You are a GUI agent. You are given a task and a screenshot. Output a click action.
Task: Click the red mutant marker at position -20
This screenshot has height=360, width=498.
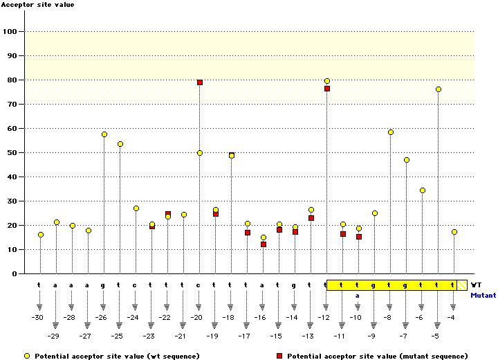click(200, 82)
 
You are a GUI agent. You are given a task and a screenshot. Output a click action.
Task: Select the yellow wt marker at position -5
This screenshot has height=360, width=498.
click(438, 89)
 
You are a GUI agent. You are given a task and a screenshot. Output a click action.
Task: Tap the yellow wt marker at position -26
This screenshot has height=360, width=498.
click(104, 134)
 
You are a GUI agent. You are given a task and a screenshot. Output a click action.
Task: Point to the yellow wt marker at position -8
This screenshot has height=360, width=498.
click(391, 132)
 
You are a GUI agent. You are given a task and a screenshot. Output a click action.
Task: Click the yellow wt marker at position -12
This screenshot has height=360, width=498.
click(327, 81)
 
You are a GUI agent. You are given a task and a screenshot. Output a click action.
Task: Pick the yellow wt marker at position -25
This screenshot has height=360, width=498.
click(120, 144)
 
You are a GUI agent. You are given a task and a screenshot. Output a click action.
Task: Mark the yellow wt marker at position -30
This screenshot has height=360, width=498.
click(41, 235)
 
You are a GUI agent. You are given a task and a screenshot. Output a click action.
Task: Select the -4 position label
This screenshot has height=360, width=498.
click(451, 317)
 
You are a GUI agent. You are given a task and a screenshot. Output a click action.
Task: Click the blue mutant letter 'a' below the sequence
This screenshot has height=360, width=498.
click(358, 295)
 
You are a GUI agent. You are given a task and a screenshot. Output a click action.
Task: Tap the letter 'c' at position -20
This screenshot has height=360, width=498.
click(199, 285)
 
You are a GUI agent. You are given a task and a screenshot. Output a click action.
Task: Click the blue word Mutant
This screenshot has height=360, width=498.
click(483, 295)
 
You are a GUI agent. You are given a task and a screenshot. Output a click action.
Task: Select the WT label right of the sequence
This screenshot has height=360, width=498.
click(476, 285)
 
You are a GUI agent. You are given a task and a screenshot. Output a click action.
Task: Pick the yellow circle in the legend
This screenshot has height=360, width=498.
click(28, 356)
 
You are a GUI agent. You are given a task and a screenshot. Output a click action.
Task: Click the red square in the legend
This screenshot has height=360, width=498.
click(279, 356)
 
